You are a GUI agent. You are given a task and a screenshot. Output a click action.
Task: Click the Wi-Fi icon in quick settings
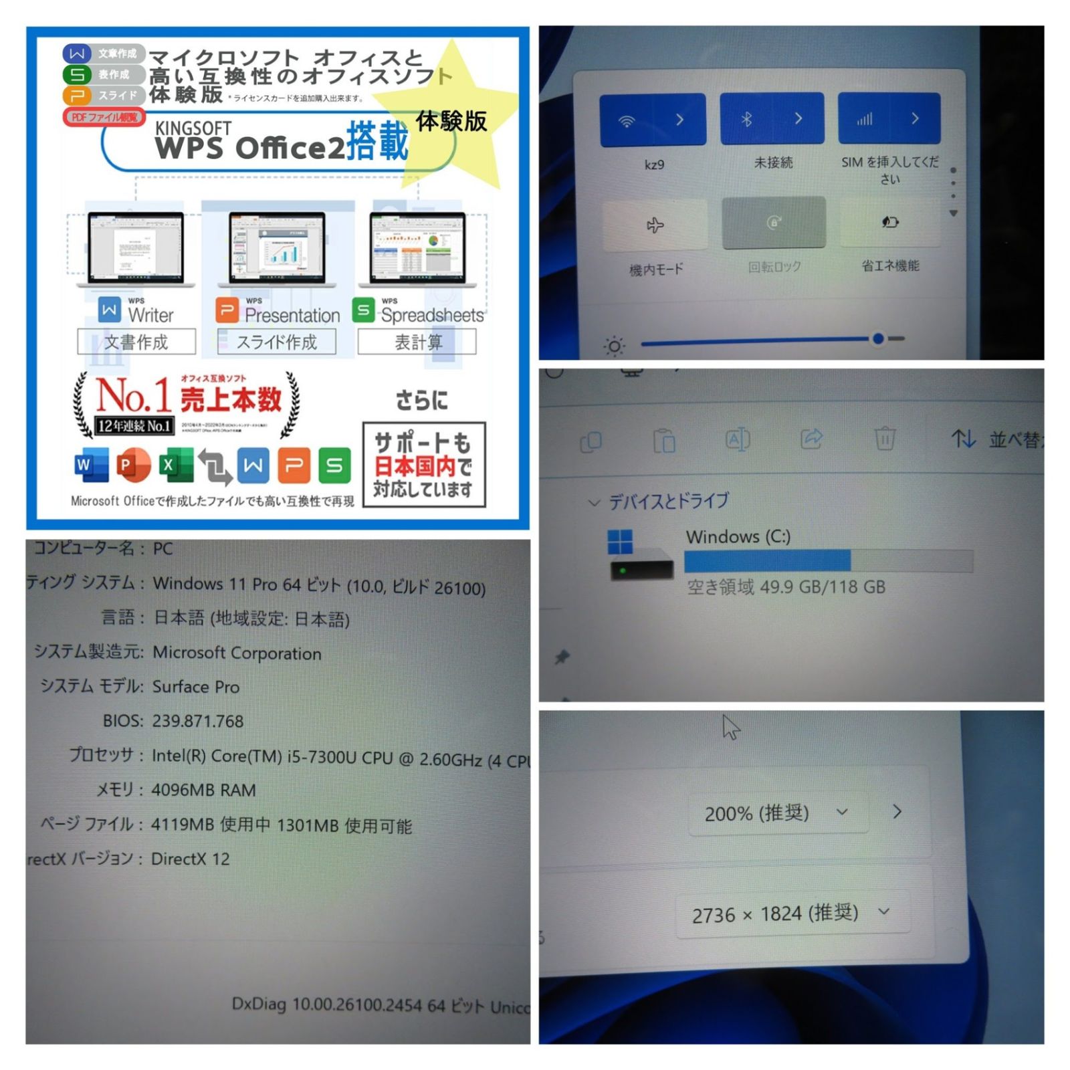(x=627, y=121)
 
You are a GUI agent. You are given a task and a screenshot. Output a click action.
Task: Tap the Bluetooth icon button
(x=747, y=120)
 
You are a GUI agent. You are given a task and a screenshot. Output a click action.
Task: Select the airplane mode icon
(x=655, y=225)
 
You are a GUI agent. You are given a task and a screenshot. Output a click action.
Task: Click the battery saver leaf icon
(x=889, y=222)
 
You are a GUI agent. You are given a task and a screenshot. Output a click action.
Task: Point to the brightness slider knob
(x=878, y=339)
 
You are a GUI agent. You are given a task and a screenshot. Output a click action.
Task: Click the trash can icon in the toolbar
(x=884, y=439)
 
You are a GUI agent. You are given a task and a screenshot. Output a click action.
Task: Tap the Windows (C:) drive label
(x=738, y=536)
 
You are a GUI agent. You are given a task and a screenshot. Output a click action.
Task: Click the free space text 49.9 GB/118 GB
(x=786, y=587)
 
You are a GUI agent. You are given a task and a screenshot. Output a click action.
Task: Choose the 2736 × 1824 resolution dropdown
(x=792, y=914)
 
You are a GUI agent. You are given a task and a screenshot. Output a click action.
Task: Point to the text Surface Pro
(x=195, y=687)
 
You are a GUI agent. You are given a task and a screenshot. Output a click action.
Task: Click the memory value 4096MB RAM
(x=203, y=790)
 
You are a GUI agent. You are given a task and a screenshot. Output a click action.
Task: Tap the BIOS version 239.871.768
(x=197, y=721)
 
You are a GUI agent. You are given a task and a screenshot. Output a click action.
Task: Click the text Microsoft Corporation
(x=237, y=653)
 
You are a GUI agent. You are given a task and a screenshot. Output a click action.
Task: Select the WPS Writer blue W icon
(x=110, y=310)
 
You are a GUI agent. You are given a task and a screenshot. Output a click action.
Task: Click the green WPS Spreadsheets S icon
(x=363, y=310)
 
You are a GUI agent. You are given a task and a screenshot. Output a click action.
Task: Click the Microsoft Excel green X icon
(x=175, y=465)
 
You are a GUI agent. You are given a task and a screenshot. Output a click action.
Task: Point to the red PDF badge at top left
(x=104, y=117)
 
